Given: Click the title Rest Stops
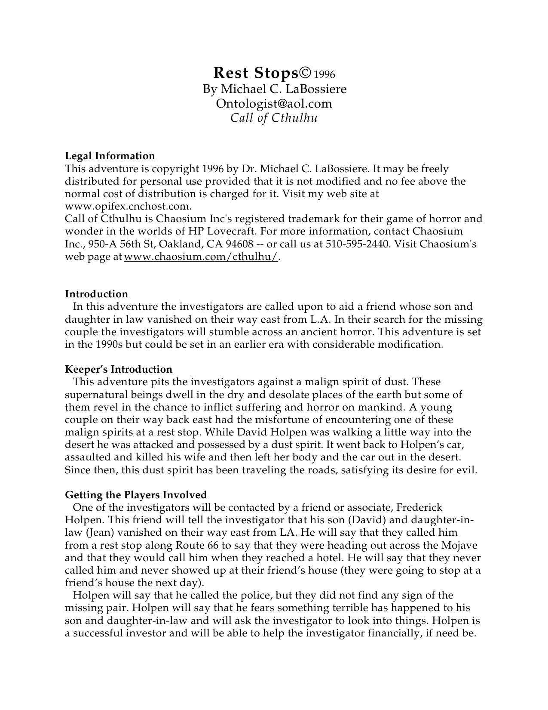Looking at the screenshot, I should coord(255,73).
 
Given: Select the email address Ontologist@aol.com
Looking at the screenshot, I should coord(274,104).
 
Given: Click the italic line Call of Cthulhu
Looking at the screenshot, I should coord(274,118).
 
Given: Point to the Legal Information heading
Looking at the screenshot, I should coord(110,156).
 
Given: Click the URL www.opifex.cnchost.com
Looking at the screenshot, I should coord(128,206).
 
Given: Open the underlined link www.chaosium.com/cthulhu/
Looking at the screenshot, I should coord(201,257).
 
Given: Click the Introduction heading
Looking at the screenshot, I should coord(96,294).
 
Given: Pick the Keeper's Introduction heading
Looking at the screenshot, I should coord(118,369).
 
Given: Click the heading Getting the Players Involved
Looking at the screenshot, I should coord(135,495).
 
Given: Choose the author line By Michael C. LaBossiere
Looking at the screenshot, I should coord(274,89).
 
